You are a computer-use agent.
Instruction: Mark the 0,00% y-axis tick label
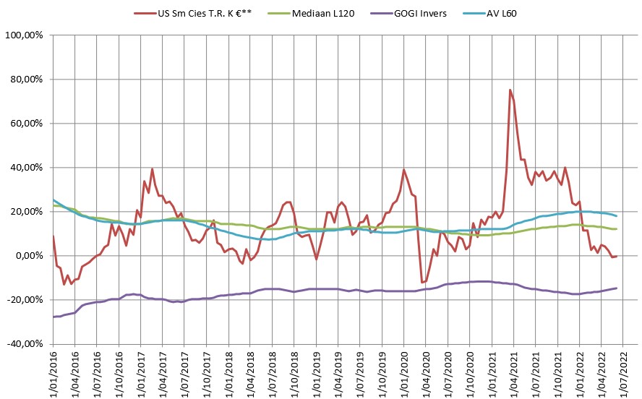28,255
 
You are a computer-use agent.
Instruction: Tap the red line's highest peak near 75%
510,90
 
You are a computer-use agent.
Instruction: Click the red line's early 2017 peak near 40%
152,169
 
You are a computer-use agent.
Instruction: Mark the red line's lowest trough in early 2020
421,283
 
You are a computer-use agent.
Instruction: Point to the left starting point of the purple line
54,317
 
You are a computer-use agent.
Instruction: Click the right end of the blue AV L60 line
616,215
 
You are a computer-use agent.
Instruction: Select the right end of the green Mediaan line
616,228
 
